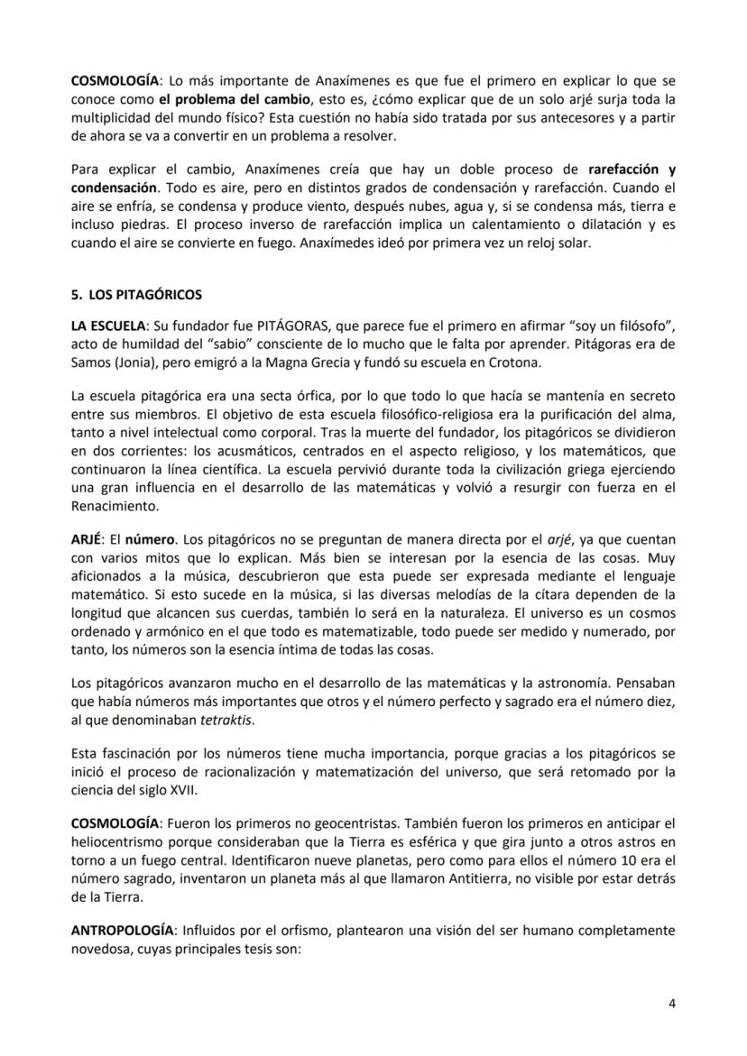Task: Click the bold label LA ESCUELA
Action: click(x=106, y=323)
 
